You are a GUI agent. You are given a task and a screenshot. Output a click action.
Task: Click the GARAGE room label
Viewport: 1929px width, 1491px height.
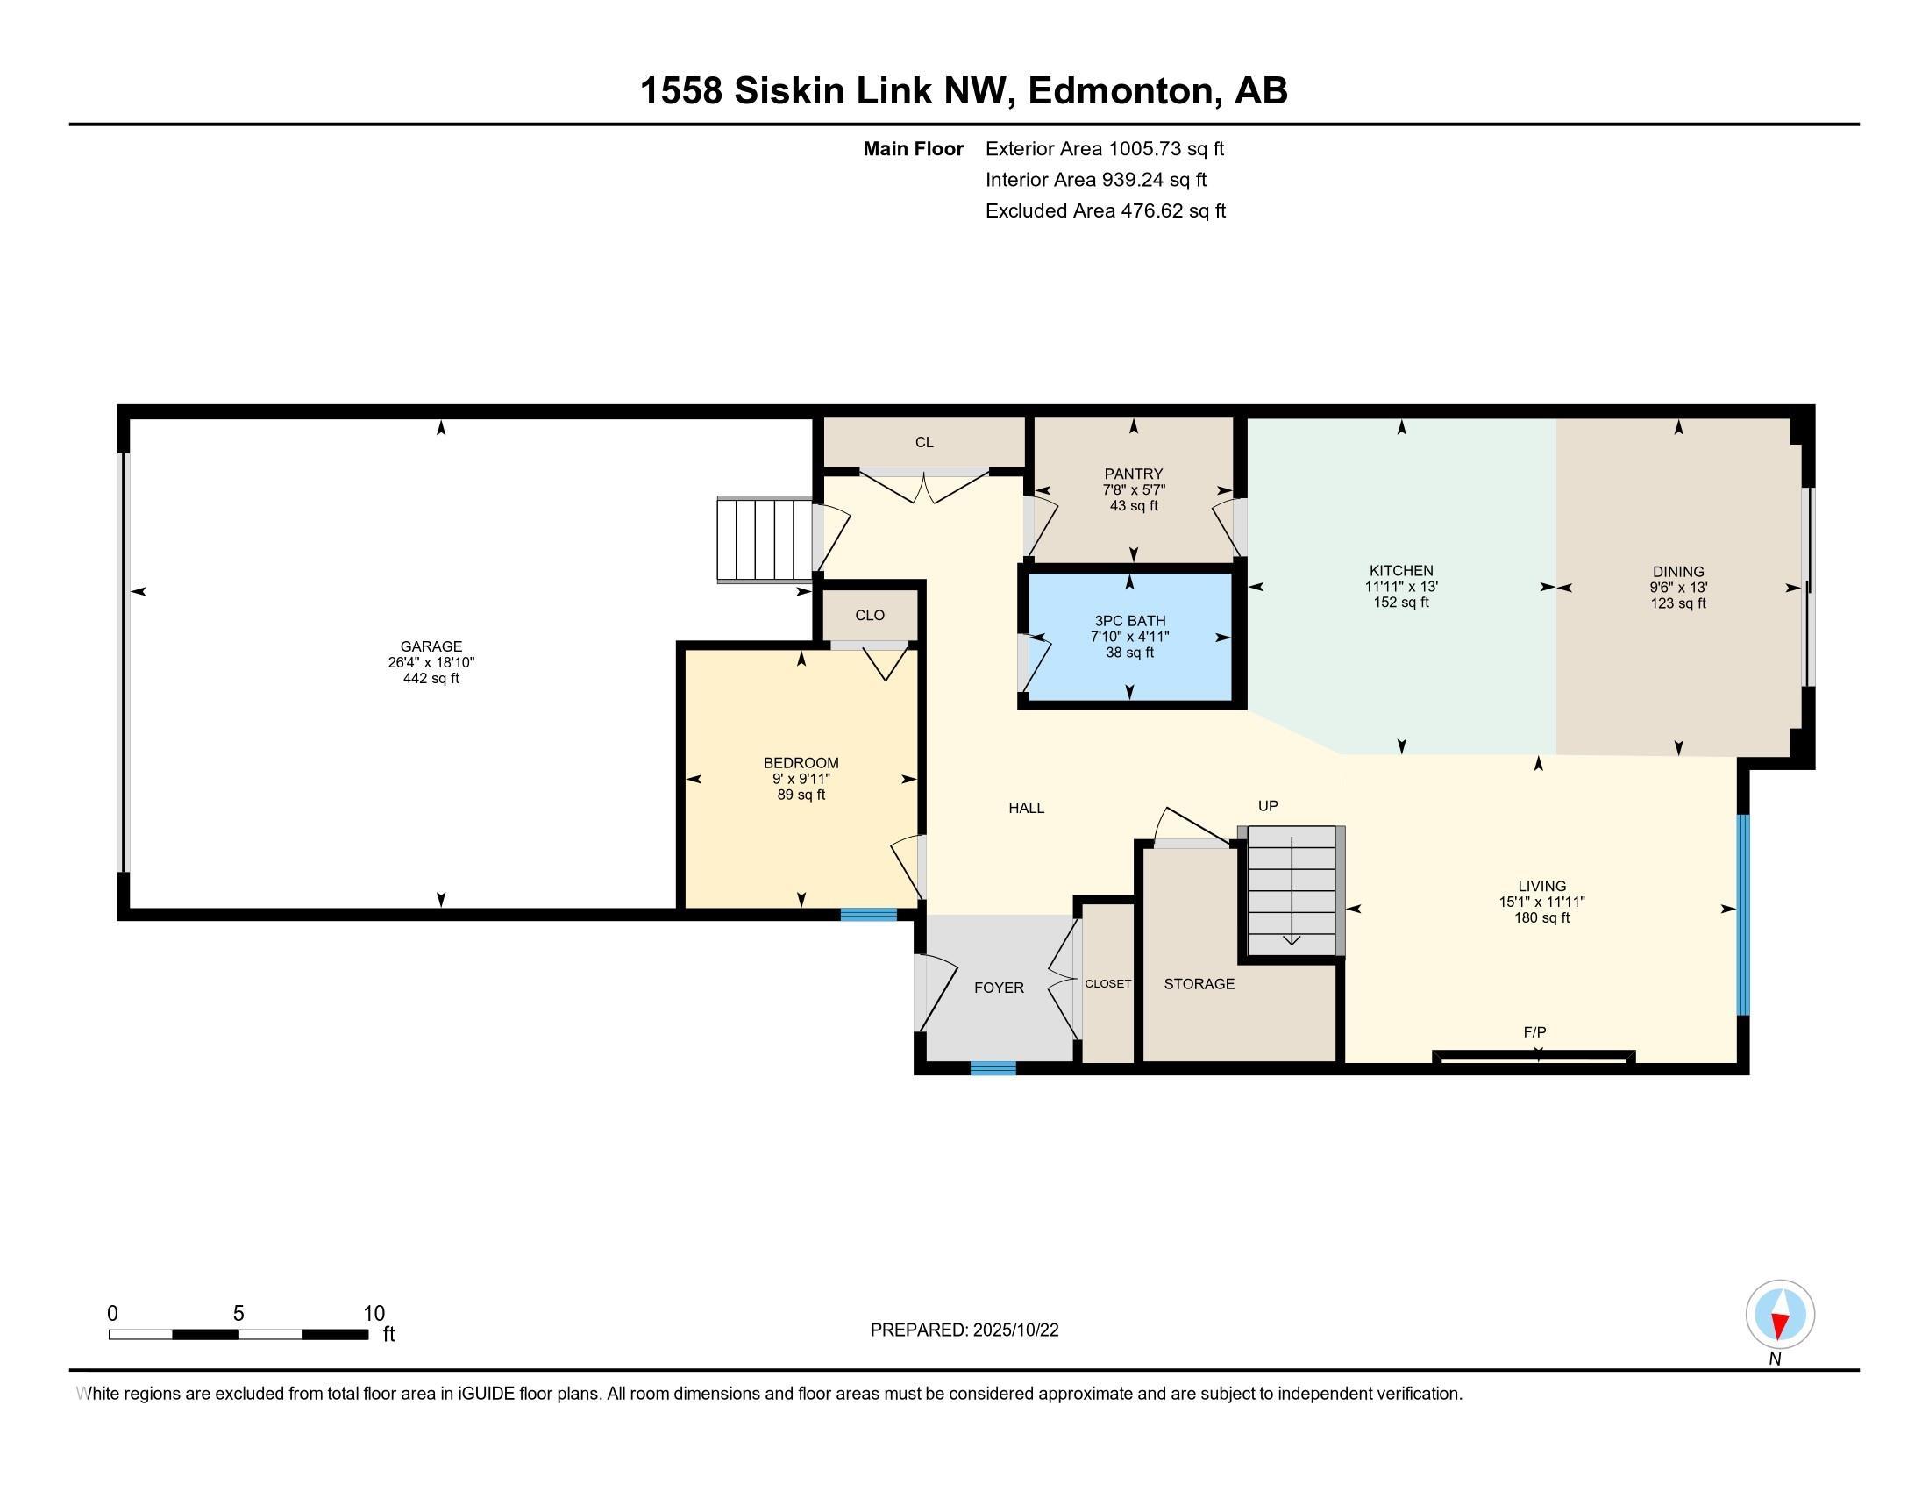431,646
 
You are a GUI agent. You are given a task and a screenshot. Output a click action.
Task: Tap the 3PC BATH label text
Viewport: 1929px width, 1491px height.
1129,621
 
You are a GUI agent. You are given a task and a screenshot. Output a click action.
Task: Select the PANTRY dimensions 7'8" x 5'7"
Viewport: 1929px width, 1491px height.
1133,490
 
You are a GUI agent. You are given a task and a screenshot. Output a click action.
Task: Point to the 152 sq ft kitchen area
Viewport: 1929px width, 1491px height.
1401,603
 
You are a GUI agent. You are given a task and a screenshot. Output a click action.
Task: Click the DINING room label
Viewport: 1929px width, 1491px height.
1678,572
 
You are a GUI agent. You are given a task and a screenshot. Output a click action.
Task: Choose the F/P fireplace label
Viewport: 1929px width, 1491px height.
1534,1031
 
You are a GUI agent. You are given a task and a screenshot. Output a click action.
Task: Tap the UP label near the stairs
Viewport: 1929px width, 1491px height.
1268,805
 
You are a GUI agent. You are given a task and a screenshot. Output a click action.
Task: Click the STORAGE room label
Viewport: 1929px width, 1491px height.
1199,984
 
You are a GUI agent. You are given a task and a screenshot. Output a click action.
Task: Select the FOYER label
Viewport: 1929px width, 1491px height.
999,988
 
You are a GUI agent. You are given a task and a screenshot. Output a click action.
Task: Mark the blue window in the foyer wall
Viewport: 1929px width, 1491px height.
993,1069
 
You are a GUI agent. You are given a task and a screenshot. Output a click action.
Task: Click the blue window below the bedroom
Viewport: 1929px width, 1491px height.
868,915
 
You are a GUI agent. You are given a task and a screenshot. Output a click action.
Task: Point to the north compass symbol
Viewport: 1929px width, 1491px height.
1780,1315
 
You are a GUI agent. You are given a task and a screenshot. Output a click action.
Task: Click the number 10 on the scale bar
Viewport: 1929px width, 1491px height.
374,1314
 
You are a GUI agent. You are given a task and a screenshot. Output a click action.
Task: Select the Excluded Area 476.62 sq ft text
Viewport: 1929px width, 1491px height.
1105,211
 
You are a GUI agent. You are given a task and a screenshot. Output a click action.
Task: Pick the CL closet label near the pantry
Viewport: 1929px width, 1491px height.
924,443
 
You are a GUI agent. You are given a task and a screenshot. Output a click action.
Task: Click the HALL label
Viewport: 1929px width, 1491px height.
1027,807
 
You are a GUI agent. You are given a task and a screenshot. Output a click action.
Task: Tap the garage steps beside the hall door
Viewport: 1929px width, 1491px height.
764,539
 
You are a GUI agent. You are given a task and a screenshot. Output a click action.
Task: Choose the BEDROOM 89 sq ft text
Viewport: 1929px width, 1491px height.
801,795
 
